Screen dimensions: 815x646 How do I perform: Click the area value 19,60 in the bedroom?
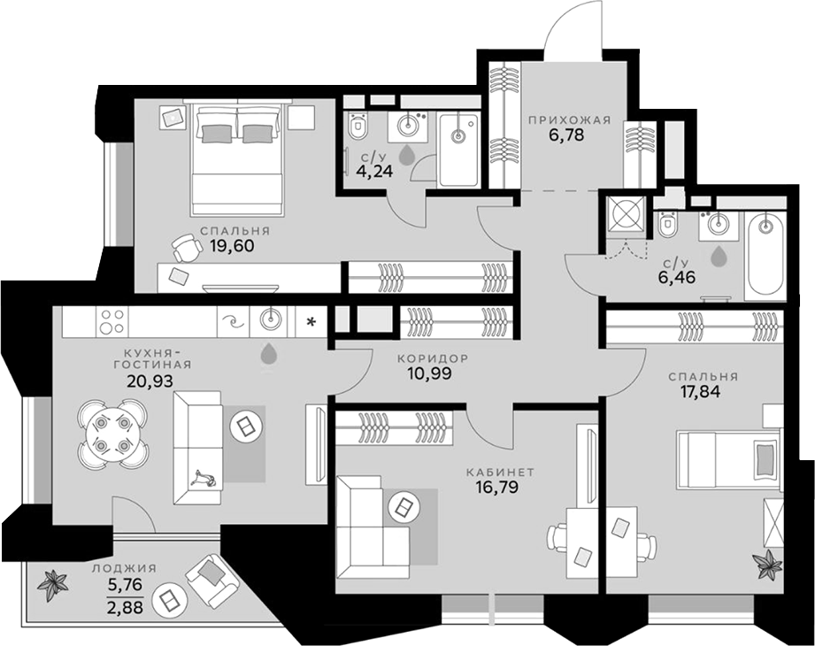[x=233, y=245]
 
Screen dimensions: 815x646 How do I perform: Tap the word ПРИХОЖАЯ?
[x=569, y=120]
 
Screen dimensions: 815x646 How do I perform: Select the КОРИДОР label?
[x=433, y=358]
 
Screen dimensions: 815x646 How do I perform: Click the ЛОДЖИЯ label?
[x=125, y=568]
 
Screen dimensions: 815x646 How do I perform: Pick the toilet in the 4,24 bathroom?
[x=358, y=126]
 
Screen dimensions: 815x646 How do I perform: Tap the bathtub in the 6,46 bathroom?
[x=765, y=257]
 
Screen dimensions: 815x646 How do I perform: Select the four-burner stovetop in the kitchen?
[x=112, y=321]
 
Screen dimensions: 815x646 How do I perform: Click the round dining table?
[x=111, y=432]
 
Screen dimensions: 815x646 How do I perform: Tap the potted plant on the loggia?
[x=52, y=586]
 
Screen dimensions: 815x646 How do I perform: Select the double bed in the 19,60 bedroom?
[x=237, y=159]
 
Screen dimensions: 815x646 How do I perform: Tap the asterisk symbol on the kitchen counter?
[x=311, y=323]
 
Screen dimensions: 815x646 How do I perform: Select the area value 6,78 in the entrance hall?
[x=566, y=135]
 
